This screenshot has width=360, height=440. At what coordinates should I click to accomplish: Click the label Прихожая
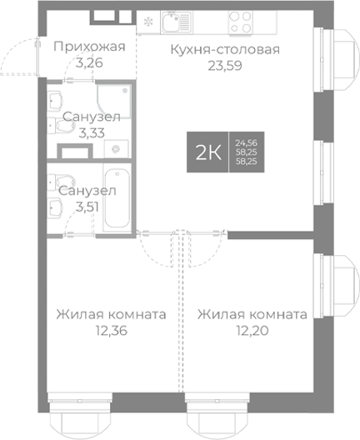pyautogui.click(x=88, y=46)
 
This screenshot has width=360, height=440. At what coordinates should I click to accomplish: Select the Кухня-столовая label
pyautogui.click(x=224, y=49)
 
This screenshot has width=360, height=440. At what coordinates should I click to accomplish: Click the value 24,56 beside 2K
pyautogui.click(x=247, y=142)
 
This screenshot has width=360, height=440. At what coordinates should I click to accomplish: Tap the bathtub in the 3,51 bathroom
pyautogui.click(x=116, y=201)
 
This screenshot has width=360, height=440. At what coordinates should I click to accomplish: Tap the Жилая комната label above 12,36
pyautogui.click(x=110, y=315)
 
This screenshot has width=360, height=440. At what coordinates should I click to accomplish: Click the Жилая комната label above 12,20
pyautogui.click(x=252, y=315)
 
